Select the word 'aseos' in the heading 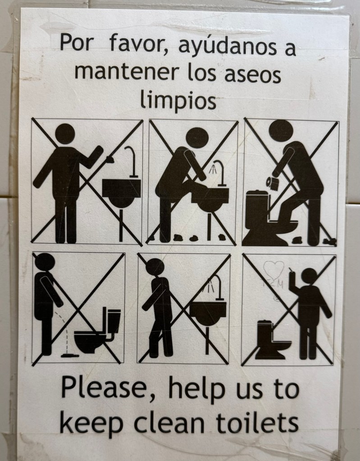[253, 75]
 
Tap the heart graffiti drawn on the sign [273, 270]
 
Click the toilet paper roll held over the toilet [273, 183]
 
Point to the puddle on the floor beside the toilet [70, 356]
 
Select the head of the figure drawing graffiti [309, 276]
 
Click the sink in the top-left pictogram [122, 193]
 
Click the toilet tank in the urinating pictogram [114, 321]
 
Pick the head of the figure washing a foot [197, 138]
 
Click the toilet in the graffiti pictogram [271, 340]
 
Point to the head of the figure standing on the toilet [281, 131]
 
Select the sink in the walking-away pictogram [208, 313]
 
